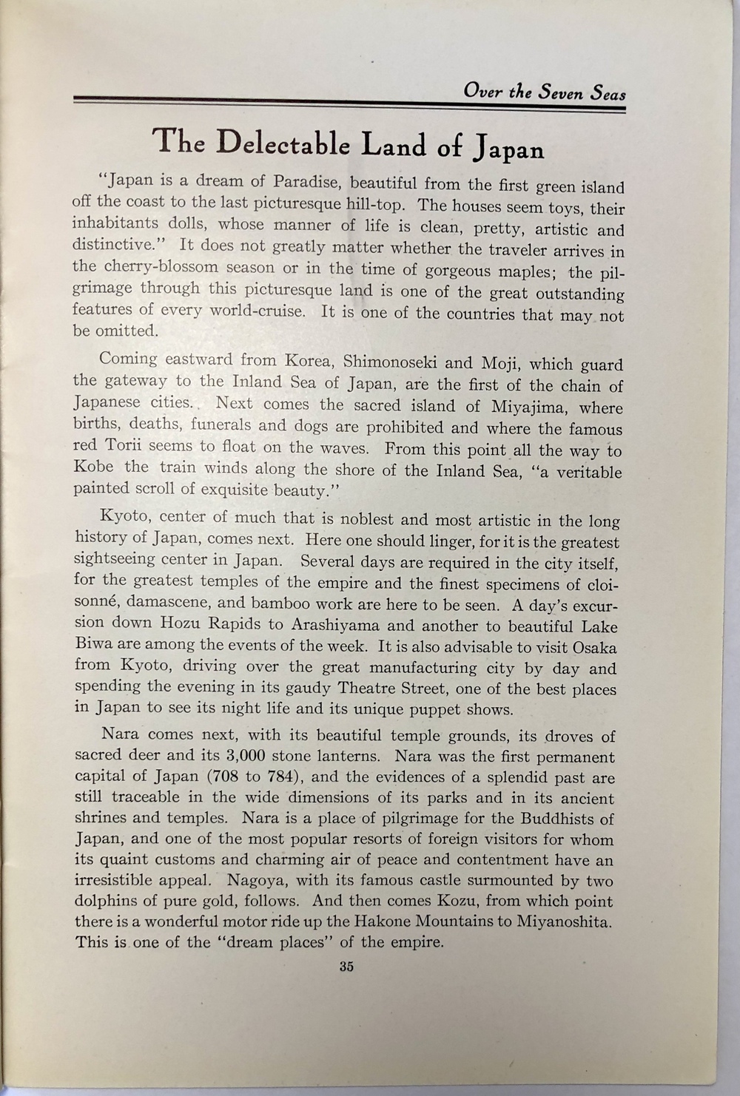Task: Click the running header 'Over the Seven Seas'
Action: (544, 92)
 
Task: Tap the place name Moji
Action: (502, 363)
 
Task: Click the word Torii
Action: (127, 446)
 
